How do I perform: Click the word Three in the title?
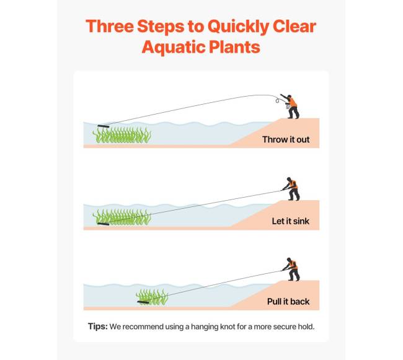(110, 26)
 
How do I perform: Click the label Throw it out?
(286, 139)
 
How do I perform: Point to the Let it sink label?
(290, 221)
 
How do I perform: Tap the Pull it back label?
(288, 302)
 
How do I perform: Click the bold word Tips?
(98, 327)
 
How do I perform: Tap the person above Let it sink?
(292, 189)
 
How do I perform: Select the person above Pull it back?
(292, 270)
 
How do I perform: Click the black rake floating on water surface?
(104, 126)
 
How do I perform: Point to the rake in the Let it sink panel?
(104, 224)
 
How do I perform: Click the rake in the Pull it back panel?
(143, 302)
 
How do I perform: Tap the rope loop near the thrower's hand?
(277, 100)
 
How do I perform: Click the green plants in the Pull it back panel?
(152, 297)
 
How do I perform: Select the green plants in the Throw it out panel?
(122, 135)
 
